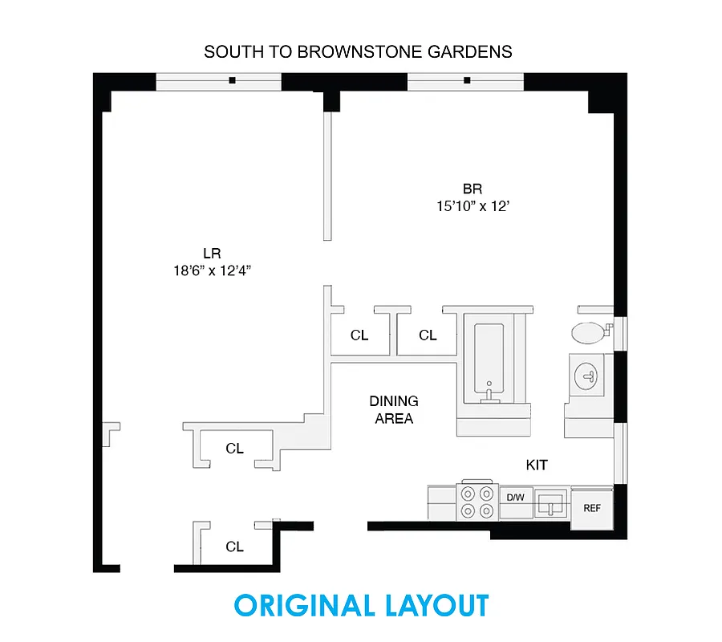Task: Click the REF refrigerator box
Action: [592, 508]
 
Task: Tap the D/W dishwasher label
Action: [515, 498]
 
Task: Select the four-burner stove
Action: [477, 502]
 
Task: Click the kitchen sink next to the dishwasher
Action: [552, 504]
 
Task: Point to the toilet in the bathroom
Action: [590, 331]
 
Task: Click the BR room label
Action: [472, 189]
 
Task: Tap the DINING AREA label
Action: [394, 409]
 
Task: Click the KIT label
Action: [537, 465]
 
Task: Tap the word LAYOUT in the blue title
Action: [434, 606]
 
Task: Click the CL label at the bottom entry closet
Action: [234, 547]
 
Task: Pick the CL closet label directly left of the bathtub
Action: [428, 335]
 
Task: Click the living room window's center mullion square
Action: [231, 80]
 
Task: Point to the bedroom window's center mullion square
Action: [467, 80]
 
